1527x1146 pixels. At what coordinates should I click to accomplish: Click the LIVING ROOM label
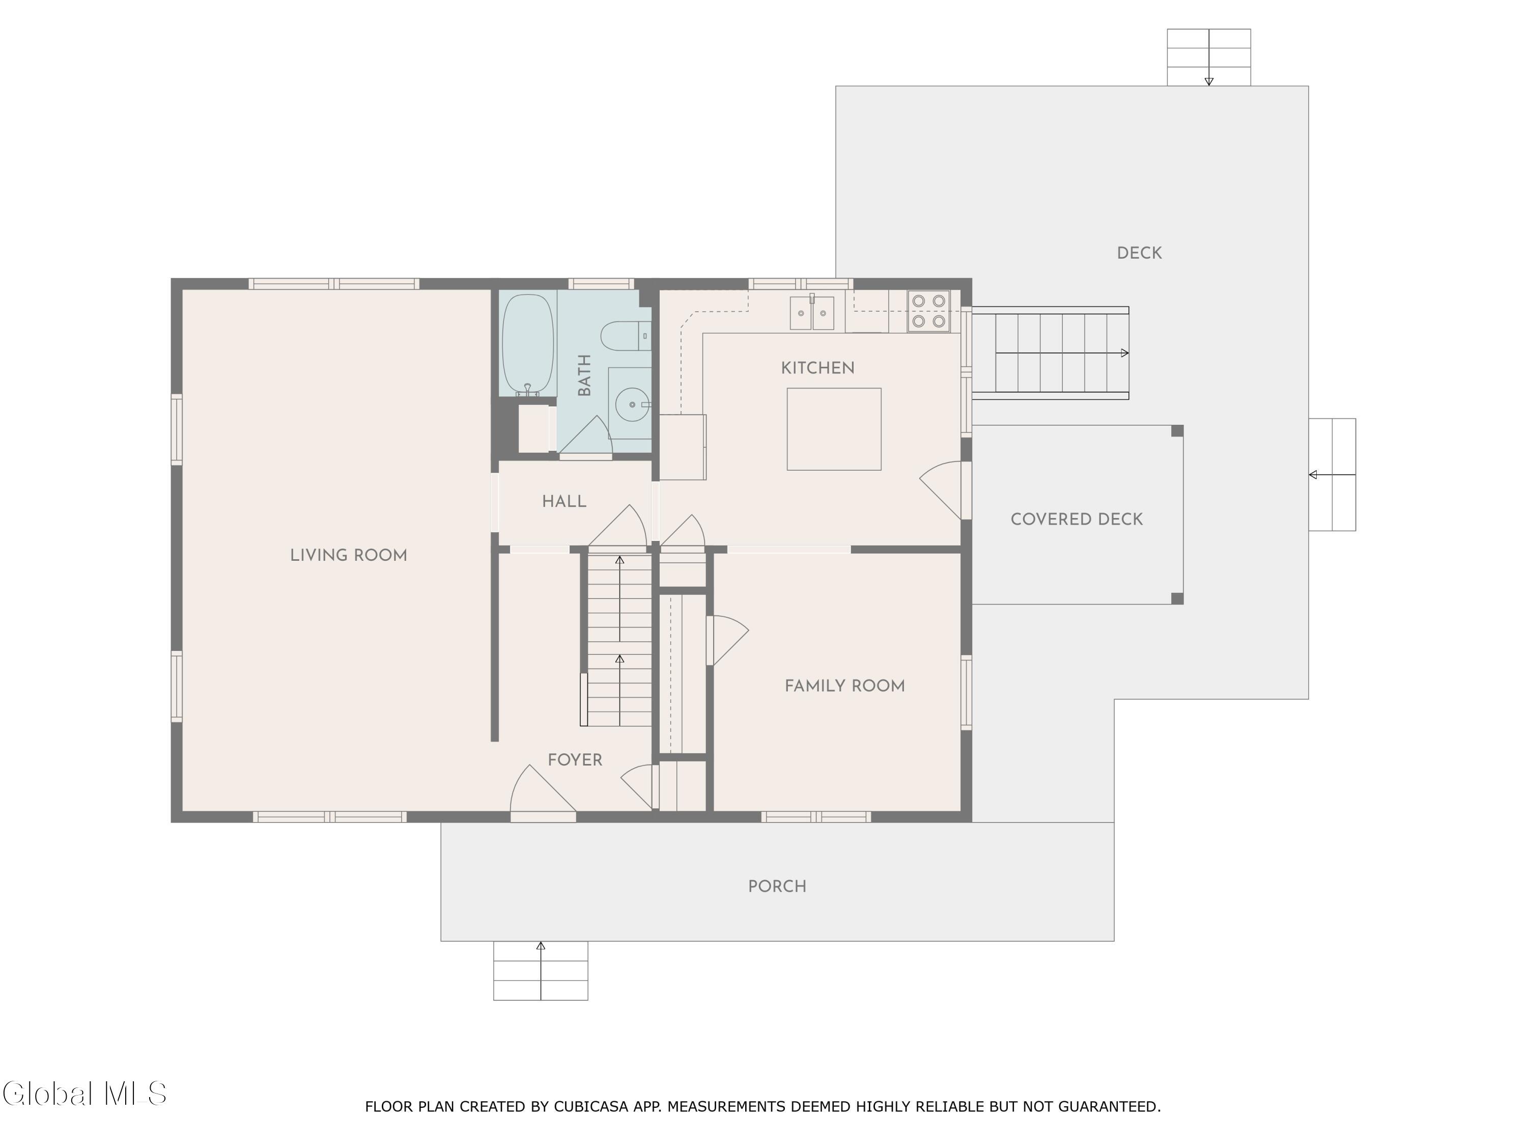[x=348, y=555]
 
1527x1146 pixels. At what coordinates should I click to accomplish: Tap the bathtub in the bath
[x=527, y=344]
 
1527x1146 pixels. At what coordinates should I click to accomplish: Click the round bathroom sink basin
[x=632, y=404]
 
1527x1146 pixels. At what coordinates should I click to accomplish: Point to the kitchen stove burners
[x=928, y=311]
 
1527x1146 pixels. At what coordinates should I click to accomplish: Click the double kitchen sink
[x=812, y=312]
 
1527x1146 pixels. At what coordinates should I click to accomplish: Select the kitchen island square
[x=834, y=429]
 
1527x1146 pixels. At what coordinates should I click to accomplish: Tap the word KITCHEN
[x=817, y=368]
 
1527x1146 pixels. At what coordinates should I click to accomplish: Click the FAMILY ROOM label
[x=844, y=686]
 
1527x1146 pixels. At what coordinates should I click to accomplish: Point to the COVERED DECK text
[x=1076, y=520]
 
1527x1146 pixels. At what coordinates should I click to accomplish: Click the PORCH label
[x=777, y=886]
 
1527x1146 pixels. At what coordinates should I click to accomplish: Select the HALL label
[x=564, y=502]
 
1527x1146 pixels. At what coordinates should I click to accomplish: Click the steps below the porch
[x=541, y=971]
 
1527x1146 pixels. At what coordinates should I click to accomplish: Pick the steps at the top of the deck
[x=1209, y=58]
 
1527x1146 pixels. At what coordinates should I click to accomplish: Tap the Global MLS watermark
[x=84, y=1094]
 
